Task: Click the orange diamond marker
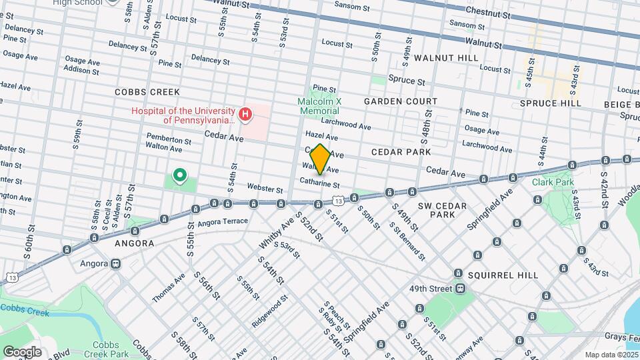[320, 159]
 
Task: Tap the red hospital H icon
[245, 115]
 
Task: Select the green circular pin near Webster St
[179, 176]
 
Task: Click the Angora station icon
[116, 263]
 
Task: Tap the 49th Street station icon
[460, 289]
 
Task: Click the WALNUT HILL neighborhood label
[446, 59]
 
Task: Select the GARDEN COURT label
[400, 101]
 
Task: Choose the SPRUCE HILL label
[551, 103]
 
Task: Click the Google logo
[22, 351]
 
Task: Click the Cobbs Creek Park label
[111, 349]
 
